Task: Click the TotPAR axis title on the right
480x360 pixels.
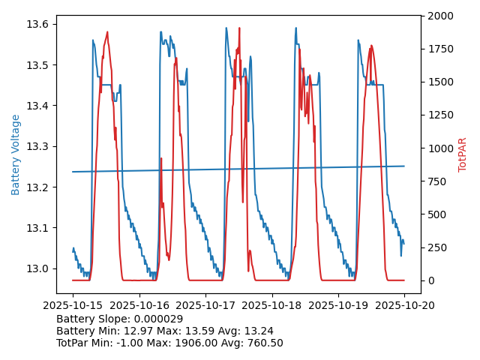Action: [463, 154]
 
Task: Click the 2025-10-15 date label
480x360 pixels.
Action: [73, 306]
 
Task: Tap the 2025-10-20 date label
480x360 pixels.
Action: [404, 306]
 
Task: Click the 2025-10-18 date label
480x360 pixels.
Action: [271, 306]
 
